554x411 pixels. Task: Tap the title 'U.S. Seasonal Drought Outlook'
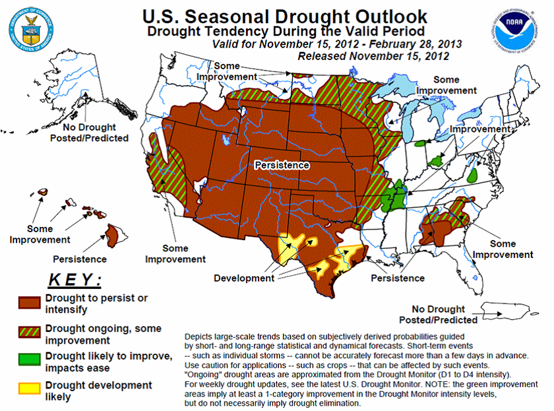(284, 16)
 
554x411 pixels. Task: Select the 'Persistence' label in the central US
(282, 165)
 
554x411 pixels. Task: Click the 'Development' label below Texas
(243, 278)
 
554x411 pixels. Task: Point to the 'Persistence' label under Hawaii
(79, 259)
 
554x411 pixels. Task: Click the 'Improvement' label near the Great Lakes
(479, 130)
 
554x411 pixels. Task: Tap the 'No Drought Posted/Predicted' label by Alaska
(89, 133)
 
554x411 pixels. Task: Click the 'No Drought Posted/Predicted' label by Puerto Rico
(444, 315)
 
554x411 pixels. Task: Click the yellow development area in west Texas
(290, 243)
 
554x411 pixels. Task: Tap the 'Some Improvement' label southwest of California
(175, 254)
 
